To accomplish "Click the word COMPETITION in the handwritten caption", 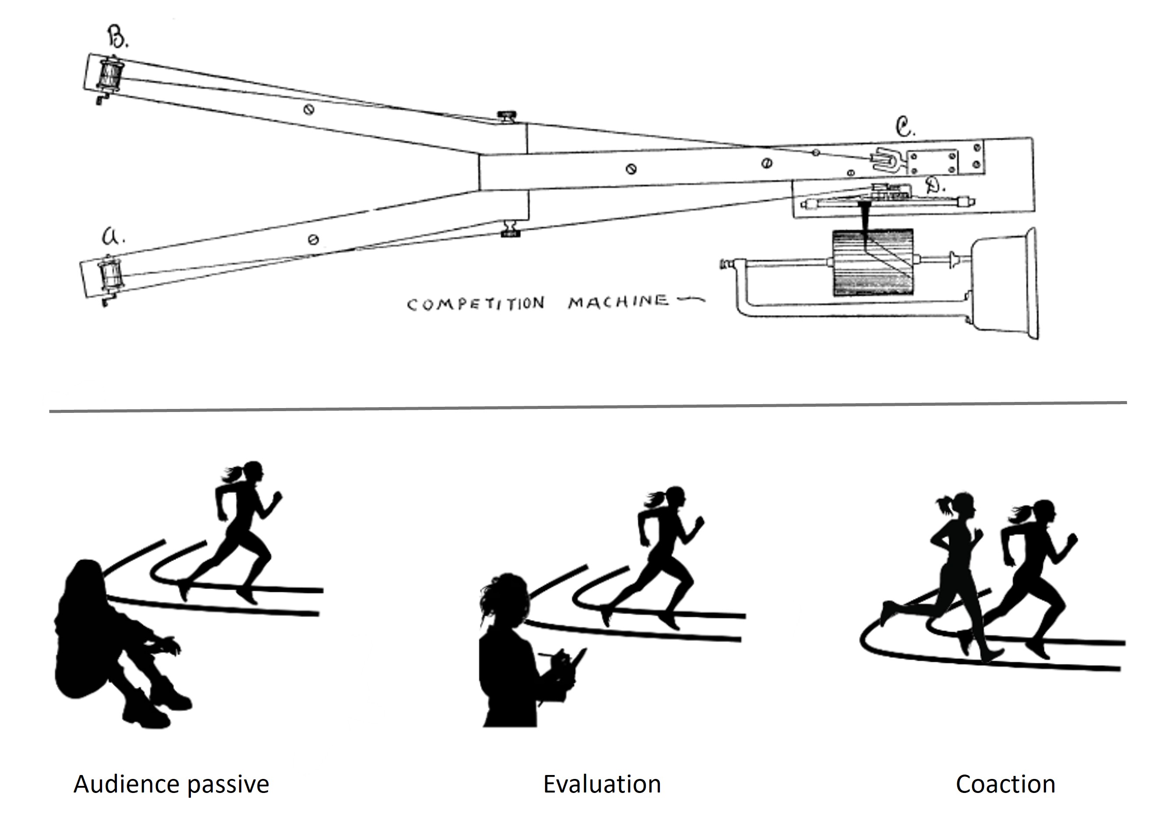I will (476, 304).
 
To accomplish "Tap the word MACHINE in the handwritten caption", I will (618, 302).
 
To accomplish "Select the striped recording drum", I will (873, 262).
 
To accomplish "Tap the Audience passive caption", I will (171, 784).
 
